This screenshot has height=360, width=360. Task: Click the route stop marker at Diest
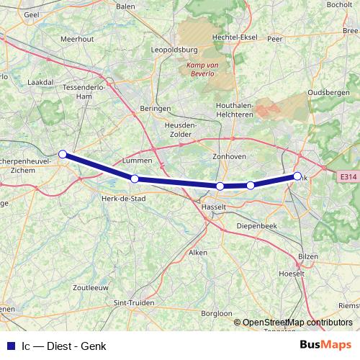[x=63, y=154]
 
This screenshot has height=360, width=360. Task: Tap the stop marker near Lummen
[x=135, y=179]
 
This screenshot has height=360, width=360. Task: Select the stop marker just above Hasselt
[x=220, y=186]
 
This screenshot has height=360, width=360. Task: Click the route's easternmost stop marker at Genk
[x=297, y=176]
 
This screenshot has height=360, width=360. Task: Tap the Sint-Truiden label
[x=134, y=304]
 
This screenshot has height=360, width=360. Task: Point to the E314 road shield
[x=348, y=176]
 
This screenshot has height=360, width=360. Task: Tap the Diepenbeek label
[x=257, y=225]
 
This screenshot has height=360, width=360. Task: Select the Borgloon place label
[x=217, y=314]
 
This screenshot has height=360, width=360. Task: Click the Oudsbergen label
[x=328, y=93]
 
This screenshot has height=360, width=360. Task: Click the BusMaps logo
[x=326, y=345]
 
